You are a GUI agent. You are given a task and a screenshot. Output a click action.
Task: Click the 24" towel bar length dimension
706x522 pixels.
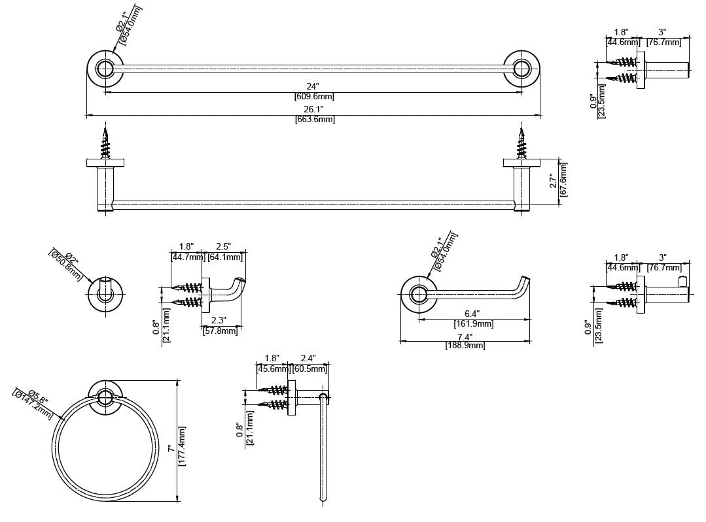coord(313,86)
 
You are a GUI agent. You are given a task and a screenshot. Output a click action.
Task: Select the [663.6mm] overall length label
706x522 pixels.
coord(315,120)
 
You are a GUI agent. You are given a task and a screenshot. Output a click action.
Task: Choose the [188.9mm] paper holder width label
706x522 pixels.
coord(465,345)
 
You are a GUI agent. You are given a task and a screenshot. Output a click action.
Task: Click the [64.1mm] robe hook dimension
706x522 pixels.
coord(224,257)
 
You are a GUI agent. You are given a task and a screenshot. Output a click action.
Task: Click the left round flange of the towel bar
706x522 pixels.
coord(105,68)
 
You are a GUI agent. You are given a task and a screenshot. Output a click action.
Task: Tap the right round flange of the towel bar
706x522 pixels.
coord(521,68)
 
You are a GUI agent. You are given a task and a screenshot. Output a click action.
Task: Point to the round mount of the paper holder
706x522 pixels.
coord(418,294)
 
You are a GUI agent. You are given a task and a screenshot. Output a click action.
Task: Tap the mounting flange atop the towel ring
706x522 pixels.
coord(105,397)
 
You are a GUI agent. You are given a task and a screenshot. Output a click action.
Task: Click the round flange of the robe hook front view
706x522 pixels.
coord(105,295)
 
